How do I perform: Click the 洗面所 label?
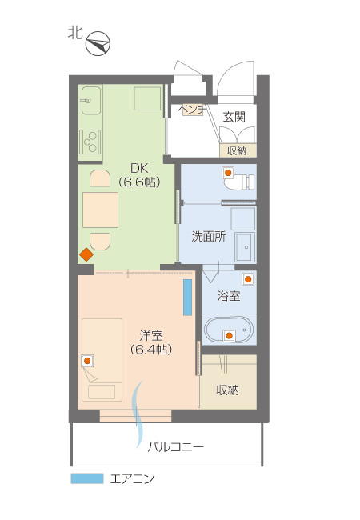coord(208,237)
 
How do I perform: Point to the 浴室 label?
coord(229,297)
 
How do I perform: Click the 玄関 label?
coord(234,117)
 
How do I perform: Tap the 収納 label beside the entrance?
coord(237,150)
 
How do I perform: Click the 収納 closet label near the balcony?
coord(227,390)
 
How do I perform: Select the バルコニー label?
coord(175,446)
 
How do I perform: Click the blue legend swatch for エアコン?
coord(87,479)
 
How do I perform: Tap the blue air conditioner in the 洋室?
coord(187,297)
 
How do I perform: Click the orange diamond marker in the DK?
coord(86,255)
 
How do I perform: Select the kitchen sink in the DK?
coord(90,102)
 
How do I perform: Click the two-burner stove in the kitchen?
coord(90,141)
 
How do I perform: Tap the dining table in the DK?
coord(100,210)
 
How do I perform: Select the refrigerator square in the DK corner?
coord(148,99)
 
